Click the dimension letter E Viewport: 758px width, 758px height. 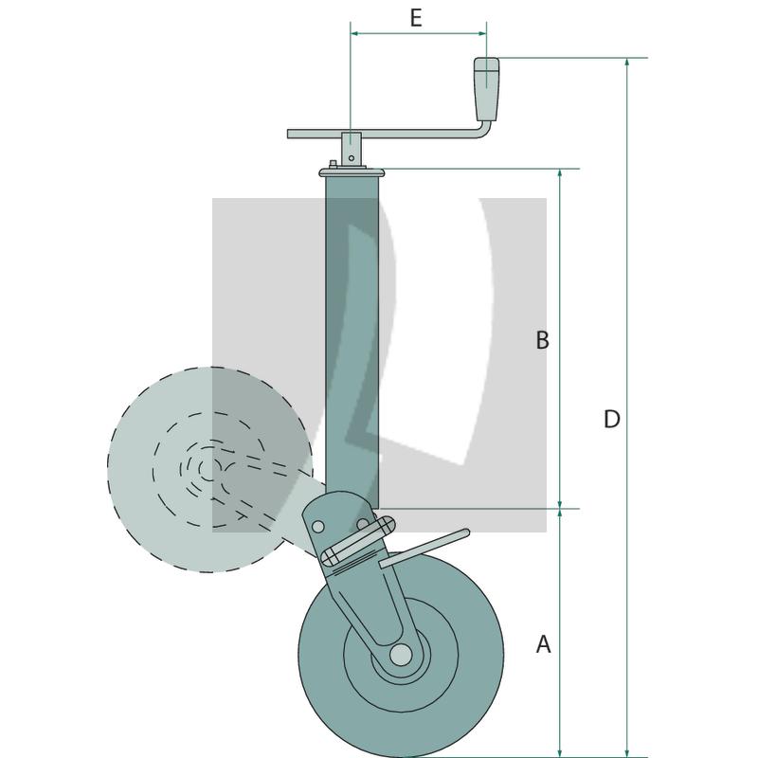click(x=416, y=18)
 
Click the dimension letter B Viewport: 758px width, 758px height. click(x=542, y=340)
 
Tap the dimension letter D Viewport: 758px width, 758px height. click(x=611, y=419)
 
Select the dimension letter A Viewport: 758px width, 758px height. click(x=543, y=644)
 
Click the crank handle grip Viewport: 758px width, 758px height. click(x=486, y=89)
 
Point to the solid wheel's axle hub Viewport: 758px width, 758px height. click(x=401, y=655)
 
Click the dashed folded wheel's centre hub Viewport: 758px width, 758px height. click(x=208, y=470)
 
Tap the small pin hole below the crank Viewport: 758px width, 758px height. click(x=352, y=158)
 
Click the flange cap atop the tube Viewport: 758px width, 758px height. click(x=352, y=172)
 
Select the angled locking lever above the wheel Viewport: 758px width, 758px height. click(x=424, y=549)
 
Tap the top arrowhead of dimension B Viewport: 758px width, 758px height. click(x=560, y=173)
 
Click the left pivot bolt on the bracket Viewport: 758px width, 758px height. click(x=317, y=526)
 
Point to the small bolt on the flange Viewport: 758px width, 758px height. click(x=333, y=164)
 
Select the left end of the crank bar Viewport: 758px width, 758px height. click(x=289, y=134)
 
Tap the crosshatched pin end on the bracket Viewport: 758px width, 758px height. click(x=329, y=556)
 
